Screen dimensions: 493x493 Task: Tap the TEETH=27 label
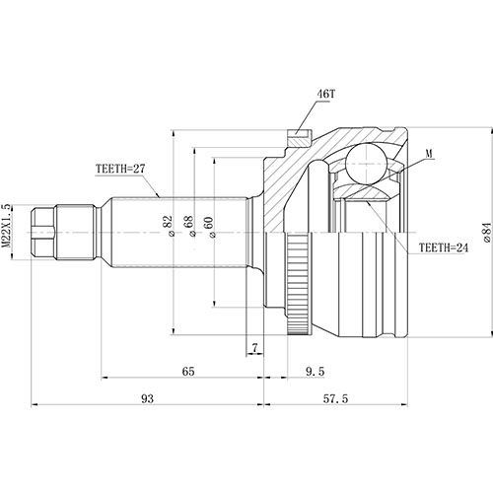coord(120,170)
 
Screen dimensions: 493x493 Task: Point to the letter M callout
coord(430,154)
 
